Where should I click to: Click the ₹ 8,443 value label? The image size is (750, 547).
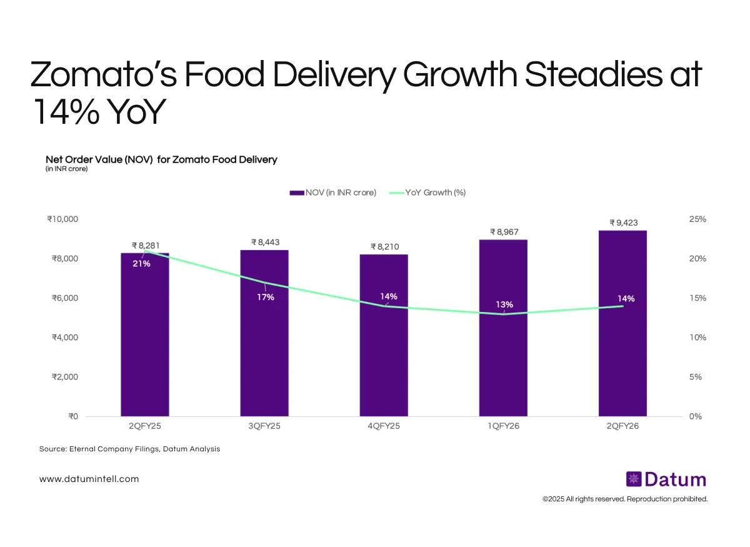[264, 242]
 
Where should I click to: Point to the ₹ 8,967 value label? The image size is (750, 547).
[503, 232]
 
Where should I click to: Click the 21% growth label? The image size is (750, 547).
[141, 264]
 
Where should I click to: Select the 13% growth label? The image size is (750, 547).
[504, 304]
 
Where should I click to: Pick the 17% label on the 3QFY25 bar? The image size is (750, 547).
[265, 297]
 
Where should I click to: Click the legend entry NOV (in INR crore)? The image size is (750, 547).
[332, 193]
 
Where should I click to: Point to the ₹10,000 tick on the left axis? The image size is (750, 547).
[62, 219]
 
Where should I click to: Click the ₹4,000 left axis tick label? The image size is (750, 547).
[63, 338]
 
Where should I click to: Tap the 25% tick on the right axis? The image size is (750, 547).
[697, 219]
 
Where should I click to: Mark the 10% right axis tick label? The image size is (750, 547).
[697, 338]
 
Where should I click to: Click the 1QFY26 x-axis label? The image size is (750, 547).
[503, 426]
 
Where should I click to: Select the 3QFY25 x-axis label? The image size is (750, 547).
[264, 426]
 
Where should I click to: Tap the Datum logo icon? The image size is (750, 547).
[633, 479]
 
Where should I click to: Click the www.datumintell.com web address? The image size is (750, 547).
[89, 479]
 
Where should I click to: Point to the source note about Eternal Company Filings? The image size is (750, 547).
[129, 449]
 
